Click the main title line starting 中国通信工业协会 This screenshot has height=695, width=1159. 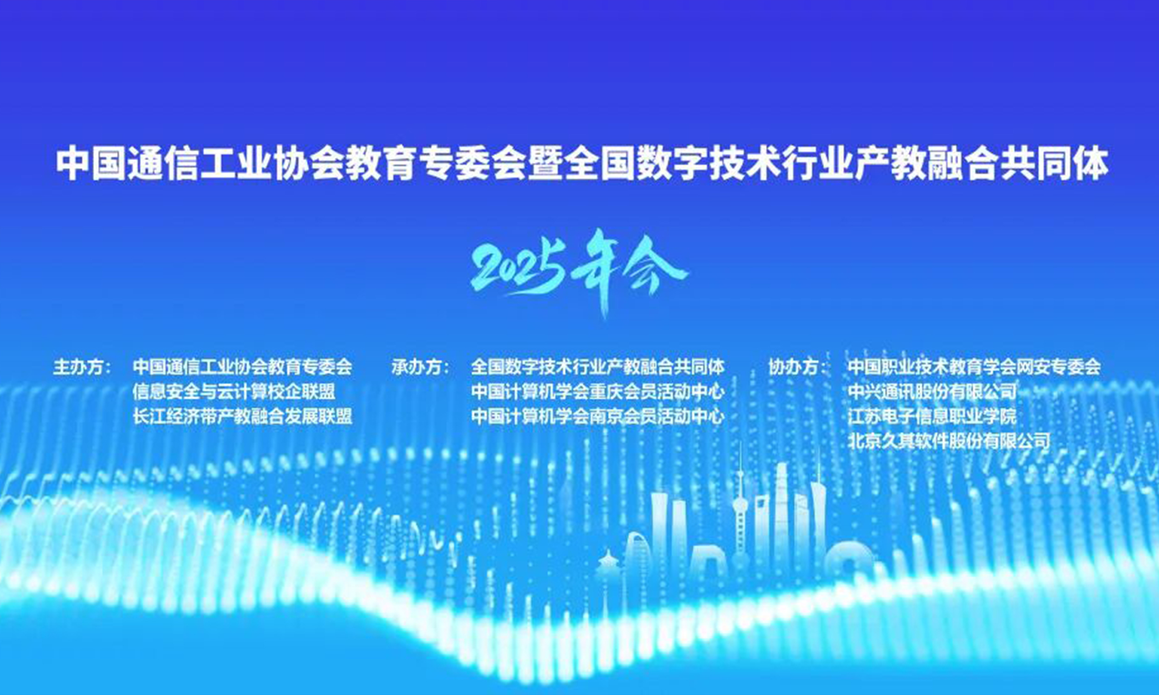click(582, 165)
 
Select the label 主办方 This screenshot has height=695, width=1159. click(82, 367)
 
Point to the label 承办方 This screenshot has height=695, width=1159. click(420, 367)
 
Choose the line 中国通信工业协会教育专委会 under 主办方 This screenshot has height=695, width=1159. click(242, 367)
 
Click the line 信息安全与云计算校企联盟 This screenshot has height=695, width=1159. click(234, 392)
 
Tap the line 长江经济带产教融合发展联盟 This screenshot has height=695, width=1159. click(242, 417)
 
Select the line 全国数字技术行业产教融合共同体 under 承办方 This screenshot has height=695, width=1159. click(598, 367)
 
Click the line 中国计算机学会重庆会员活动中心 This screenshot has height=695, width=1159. click(598, 392)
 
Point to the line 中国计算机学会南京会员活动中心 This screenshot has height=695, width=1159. click(598, 417)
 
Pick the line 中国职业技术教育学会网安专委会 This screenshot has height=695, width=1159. click(974, 367)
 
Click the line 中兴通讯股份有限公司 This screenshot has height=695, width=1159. click(932, 392)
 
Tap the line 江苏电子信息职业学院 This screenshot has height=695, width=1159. click(932, 417)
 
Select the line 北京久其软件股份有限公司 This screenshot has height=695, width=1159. click(949, 441)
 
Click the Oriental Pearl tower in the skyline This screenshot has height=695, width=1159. click(740, 511)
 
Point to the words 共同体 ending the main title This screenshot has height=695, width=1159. click(1056, 165)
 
